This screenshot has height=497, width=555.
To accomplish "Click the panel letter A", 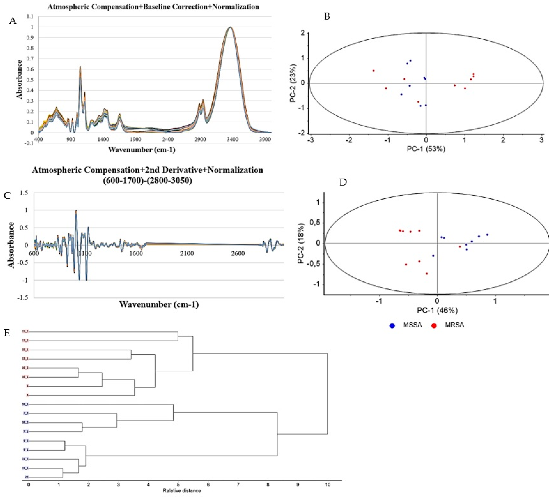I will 13,21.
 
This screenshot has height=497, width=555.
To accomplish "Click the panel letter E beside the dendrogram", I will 7,333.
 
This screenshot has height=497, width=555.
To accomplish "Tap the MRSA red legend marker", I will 434,326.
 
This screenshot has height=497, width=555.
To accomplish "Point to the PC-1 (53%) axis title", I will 426,149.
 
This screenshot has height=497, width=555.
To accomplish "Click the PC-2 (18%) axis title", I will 301,244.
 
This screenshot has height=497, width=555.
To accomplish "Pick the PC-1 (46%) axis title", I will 437,310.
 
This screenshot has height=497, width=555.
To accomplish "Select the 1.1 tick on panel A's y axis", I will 30,17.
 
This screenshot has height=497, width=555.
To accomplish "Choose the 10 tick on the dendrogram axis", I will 327,485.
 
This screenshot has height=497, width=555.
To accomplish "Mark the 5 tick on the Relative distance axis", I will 178,485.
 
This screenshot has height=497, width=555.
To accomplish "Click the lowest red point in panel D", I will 427,274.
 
